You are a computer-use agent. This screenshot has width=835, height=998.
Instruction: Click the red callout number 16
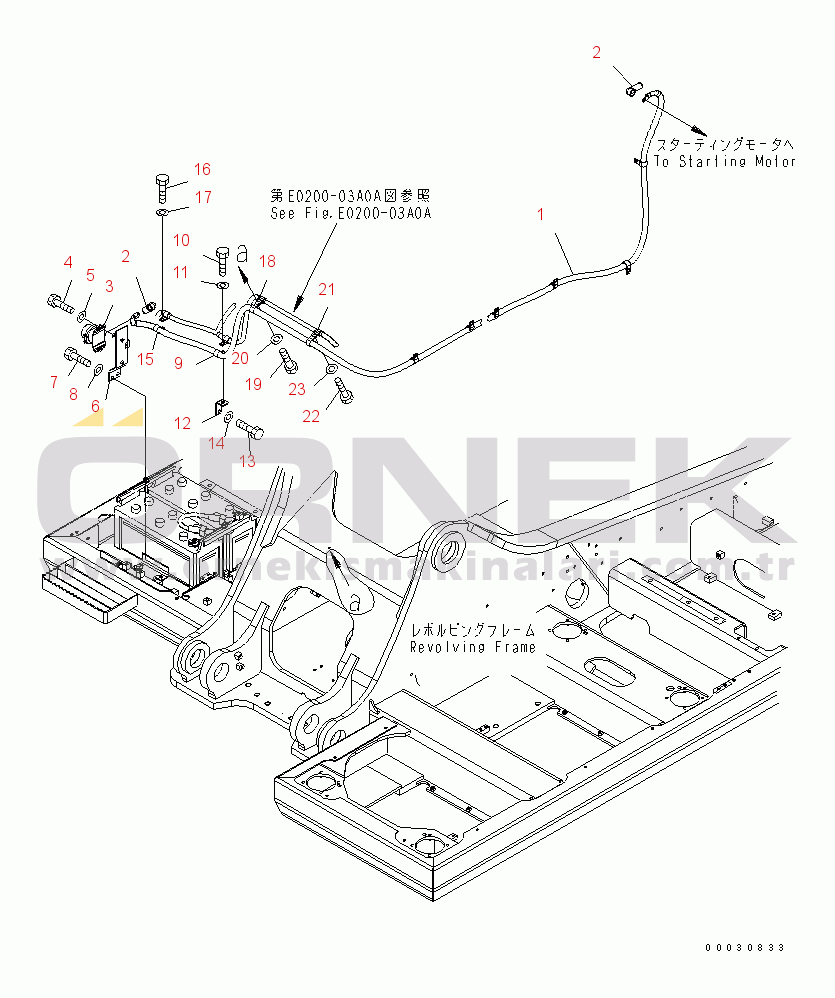[x=203, y=169]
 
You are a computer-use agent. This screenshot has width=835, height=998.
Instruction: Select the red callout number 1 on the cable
[x=541, y=213]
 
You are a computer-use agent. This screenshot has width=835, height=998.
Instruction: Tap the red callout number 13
[x=246, y=461]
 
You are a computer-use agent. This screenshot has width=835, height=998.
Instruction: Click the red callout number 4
[x=68, y=263]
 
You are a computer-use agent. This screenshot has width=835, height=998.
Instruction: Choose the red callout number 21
[x=328, y=290]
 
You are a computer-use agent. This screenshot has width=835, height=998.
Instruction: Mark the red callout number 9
[x=178, y=364]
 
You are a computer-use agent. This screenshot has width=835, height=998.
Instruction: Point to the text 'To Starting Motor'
[x=726, y=161]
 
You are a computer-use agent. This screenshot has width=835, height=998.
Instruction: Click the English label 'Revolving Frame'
[x=472, y=647]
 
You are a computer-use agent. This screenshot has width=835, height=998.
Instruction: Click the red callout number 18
[x=267, y=262]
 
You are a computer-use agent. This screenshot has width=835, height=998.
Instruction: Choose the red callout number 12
[x=183, y=424]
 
